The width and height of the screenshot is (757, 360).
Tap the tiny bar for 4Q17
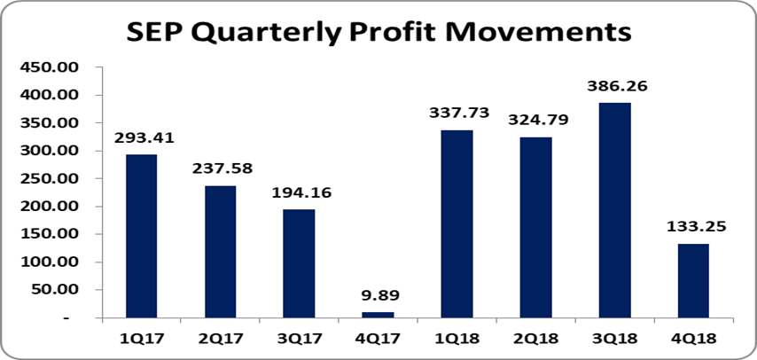(x=377, y=315)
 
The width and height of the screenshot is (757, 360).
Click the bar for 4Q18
(x=692, y=280)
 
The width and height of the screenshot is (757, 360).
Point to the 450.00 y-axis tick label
(x=55, y=67)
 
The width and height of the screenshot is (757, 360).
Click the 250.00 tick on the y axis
(x=55, y=179)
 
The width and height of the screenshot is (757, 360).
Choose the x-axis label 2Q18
(x=535, y=338)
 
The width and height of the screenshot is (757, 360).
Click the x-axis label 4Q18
(x=692, y=338)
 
